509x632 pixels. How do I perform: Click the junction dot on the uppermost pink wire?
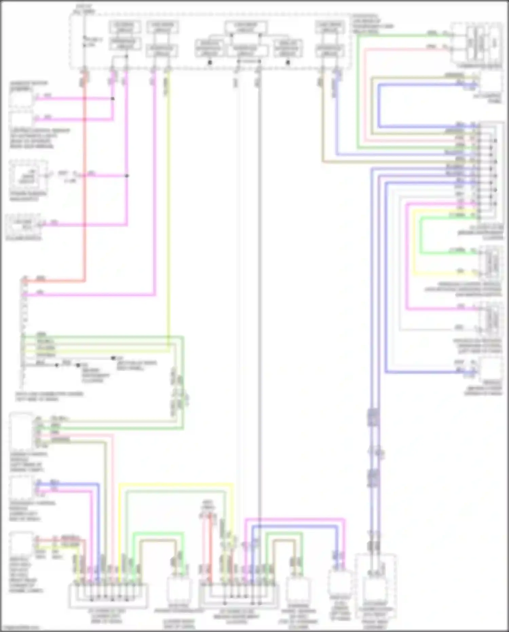[113, 99]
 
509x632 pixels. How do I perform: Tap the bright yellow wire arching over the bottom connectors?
[176, 484]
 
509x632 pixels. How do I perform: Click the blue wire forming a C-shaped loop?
[378, 105]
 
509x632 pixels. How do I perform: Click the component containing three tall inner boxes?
[477, 42]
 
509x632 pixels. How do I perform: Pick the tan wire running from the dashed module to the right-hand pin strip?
[322, 136]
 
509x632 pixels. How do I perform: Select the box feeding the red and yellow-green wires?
[21, 543]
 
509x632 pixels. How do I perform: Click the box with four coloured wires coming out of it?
[21, 431]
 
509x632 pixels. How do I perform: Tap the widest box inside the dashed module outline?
[246, 27]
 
